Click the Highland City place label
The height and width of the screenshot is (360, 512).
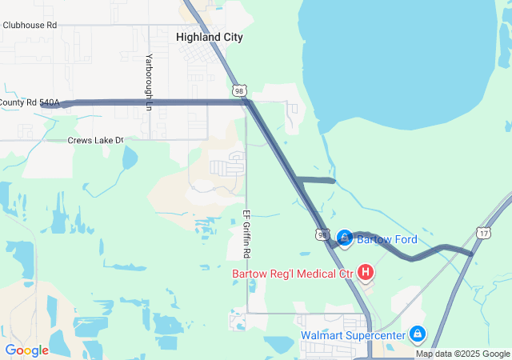coord(209,38)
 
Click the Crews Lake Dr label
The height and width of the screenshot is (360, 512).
coord(96,140)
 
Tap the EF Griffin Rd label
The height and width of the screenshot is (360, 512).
coord(246,234)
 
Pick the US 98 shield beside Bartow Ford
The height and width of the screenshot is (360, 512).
coord(322,235)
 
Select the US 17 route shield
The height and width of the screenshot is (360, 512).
coord(483,232)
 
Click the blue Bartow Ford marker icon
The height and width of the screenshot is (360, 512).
coord(344,238)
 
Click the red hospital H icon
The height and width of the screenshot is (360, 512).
coord(366,274)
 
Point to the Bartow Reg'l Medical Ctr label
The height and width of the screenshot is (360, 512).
coord(293,274)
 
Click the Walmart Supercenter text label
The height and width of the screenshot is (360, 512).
coord(353,334)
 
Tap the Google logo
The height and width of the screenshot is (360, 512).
coord(27,350)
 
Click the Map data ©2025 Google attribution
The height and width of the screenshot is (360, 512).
coord(462,354)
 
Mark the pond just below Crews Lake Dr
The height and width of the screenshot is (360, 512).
coord(130,158)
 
